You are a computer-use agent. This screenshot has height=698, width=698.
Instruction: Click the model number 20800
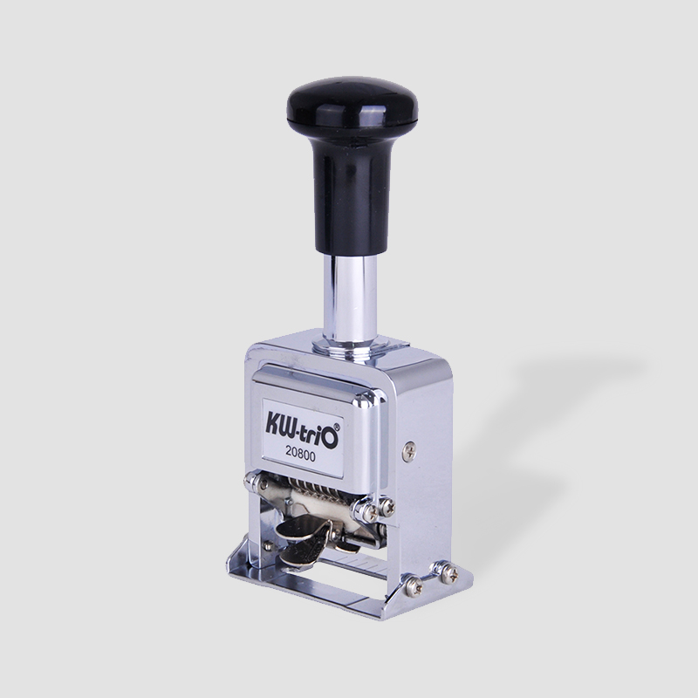(x=300, y=456)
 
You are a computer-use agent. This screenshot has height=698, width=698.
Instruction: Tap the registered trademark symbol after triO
(x=337, y=426)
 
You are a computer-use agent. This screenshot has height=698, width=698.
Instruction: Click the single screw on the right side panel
(x=408, y=452)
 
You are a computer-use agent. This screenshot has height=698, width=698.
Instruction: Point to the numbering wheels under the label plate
(x=311, y=489)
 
